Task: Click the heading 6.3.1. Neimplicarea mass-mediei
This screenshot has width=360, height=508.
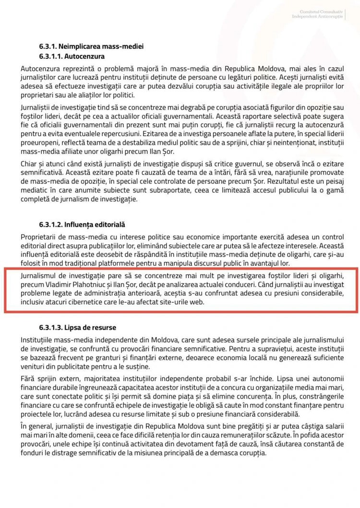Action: (91, 47)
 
